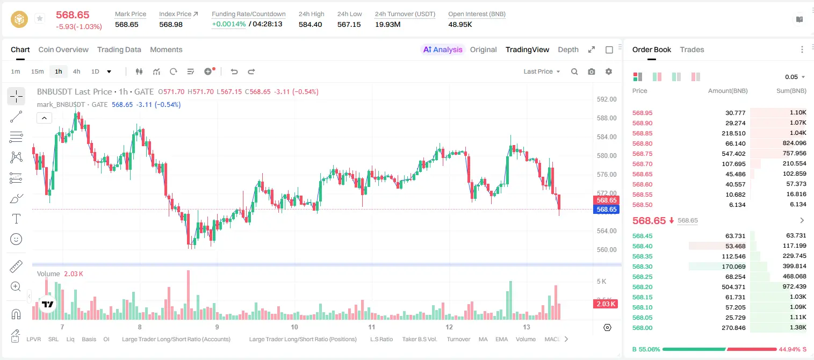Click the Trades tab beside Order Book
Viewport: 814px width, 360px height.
691,49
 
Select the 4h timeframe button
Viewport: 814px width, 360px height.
76,71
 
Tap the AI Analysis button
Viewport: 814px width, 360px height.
443,49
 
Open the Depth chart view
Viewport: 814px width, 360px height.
568,49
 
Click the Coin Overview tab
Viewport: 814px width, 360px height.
63,49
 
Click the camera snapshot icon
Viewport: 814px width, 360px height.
591,71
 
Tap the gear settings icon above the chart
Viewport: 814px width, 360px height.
608,71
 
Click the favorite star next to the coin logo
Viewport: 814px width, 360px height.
40,18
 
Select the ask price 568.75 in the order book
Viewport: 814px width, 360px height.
642,154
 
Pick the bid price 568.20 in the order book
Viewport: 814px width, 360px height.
642,287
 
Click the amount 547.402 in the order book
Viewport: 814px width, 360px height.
733,154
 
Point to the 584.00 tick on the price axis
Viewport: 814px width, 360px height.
607,137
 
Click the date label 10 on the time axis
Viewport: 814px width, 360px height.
294,327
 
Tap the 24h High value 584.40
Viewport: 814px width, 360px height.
311,24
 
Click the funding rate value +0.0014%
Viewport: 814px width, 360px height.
228,24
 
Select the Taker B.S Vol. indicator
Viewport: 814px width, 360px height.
419,339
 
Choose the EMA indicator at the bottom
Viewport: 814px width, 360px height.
501,339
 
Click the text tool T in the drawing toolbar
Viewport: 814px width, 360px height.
16,219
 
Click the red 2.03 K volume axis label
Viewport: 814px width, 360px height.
606,304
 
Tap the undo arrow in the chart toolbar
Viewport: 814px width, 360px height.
234,71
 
